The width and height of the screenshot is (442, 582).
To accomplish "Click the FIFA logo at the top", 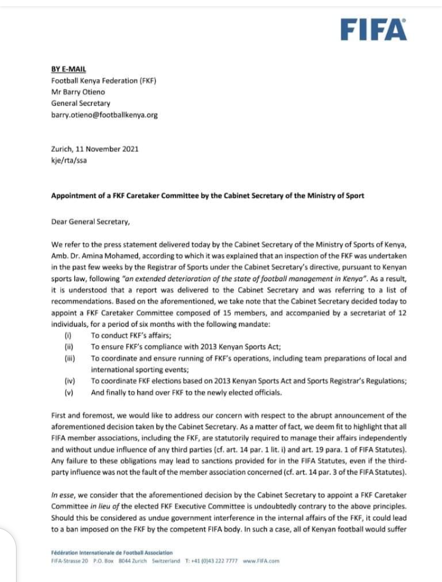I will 373,29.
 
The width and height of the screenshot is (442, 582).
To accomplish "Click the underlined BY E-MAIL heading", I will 69,71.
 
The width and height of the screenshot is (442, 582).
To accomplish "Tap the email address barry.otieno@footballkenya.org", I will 104,115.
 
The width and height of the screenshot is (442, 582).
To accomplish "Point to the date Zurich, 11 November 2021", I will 95,149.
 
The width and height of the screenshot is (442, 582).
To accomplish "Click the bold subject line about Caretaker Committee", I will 207,196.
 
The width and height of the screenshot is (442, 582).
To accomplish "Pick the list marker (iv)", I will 69,381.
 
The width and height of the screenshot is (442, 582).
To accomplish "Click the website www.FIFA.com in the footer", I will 261,561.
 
